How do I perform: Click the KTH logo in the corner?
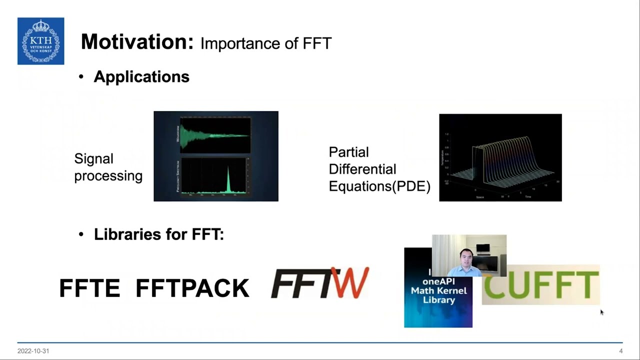click(x=40, y=41)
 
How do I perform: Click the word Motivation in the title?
click(x=136, y=42)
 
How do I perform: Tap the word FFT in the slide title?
click(x=317, y=43)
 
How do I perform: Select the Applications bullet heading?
click(x=141, y=76)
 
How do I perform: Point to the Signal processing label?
click(x=108, y=167)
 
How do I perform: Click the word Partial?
click(x=348, y=152)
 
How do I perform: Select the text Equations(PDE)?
click(x=379, y=186)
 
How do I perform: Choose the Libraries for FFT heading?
click(x=158, y=234)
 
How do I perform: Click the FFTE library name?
click(x=89, y=288)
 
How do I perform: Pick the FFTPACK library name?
click(x=192, y=288)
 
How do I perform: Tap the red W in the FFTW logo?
click(x=352, y=282)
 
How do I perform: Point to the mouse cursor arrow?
click(x=601, y=312)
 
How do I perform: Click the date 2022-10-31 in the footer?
click(x=33, y=351)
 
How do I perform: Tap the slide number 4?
click(x=620, y=351)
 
